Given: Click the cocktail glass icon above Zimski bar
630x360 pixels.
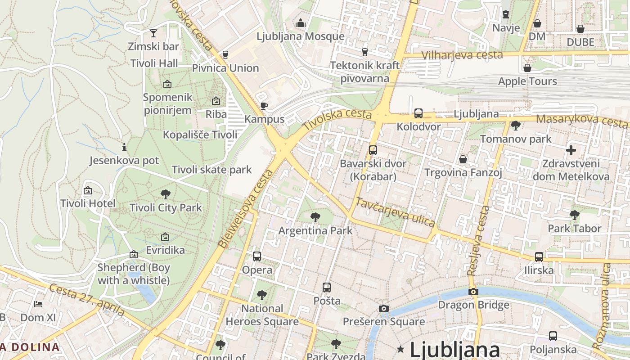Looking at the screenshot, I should tap(153, 33).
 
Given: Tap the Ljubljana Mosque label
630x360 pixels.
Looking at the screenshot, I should tap(301, 36).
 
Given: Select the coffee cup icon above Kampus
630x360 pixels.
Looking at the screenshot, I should tap(264, 106).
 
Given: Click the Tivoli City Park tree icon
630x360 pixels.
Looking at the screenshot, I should tap(165, 194).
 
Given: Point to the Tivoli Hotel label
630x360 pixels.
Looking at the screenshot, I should tap(88, 203).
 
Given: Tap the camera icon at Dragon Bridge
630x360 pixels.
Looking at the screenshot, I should tap(473, 292).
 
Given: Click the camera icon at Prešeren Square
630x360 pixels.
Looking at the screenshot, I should tap(383, 308).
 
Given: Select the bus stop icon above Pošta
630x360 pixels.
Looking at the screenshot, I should tap(327, 287).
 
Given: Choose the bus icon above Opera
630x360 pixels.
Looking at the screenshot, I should tap(257, 256).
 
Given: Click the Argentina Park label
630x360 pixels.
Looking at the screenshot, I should tap(315, 231).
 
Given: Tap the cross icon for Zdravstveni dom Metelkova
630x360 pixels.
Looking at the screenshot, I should tap(571, 150).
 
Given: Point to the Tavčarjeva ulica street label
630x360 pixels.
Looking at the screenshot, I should tap(396, 212).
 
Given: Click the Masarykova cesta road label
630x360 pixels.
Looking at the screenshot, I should tap(582, 120).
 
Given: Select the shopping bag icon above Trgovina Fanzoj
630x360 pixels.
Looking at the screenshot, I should tap(463, 159).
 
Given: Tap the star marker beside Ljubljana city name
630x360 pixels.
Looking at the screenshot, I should tap(400, 349).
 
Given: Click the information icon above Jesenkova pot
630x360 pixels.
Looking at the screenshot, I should tap(124, 147).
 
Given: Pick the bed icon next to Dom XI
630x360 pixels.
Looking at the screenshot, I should tap(38, 304).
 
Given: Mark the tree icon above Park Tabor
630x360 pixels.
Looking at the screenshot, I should tap(574, 215).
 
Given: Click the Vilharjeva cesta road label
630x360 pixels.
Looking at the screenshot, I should tap(463, 55).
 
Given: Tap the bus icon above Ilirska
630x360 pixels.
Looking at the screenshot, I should tap(539, 257).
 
